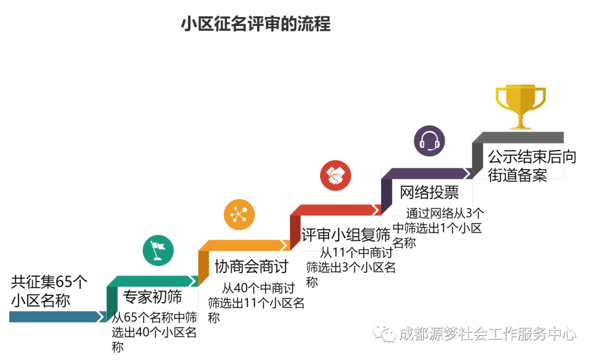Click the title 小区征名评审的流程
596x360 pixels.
256,24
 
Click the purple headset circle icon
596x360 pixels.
429,141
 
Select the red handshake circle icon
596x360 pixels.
336,176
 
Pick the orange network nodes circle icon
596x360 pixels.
239,214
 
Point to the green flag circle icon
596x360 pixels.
158,251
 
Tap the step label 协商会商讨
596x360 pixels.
251,267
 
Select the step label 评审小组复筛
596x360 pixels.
346,235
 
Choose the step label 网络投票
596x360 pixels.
429,192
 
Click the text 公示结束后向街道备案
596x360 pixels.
532,166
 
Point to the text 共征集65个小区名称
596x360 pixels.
49,291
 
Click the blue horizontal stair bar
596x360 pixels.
57,317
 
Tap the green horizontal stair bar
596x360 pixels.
152,281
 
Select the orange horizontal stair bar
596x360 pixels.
244,245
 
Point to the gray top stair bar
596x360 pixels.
518,137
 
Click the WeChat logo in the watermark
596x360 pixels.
384,333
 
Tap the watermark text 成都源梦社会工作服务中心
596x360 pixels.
487,333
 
